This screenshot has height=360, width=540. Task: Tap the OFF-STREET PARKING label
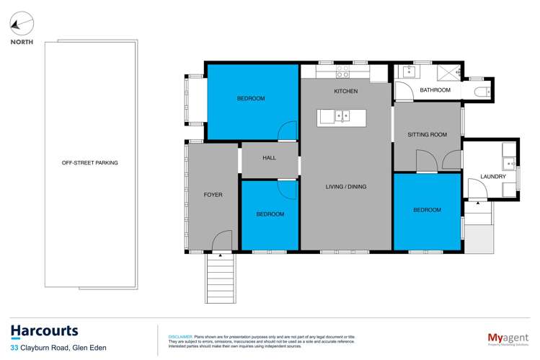[x=90, y=163]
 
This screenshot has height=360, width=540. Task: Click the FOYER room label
[x=213, y=195]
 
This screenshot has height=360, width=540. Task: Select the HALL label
[x=269, y=158]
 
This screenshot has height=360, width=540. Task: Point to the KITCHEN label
[x=346, y=92]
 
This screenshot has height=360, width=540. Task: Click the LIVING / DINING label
[x=346, y=187]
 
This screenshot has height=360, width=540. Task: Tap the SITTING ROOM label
[x=427, y=135]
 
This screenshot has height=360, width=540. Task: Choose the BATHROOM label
[x=435, y=90]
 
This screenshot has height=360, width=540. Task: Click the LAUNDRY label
[x=492, y=177]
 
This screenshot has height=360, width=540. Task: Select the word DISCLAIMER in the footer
[x=180, y=337]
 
